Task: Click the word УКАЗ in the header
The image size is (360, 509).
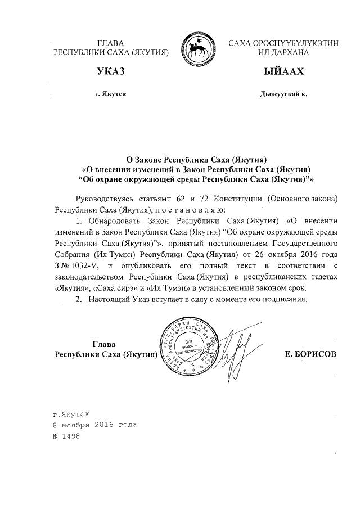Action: coord(110,72)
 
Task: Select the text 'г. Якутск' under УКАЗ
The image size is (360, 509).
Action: coord(111,94)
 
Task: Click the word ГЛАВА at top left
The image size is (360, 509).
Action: coord(111,43)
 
